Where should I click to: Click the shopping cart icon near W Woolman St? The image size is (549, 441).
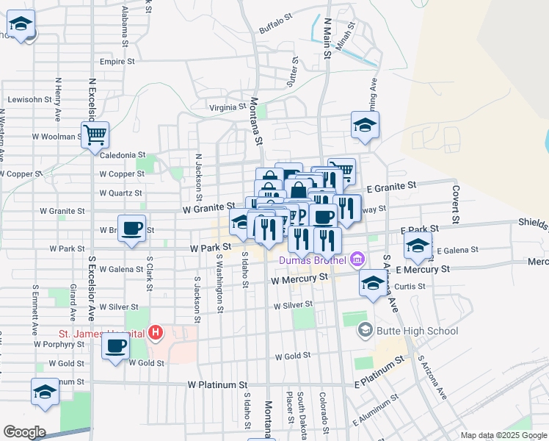95,135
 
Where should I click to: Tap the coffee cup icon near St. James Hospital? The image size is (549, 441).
116,346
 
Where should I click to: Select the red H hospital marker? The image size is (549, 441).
155,333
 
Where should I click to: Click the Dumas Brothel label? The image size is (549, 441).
313,259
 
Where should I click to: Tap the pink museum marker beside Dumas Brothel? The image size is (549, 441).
357,259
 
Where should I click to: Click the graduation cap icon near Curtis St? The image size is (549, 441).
373,282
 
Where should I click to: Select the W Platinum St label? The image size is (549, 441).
222,384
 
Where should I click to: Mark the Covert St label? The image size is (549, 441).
456,204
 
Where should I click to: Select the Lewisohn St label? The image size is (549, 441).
29,98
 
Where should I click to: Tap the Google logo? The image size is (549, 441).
24,432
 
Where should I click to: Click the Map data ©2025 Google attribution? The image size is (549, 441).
503,435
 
